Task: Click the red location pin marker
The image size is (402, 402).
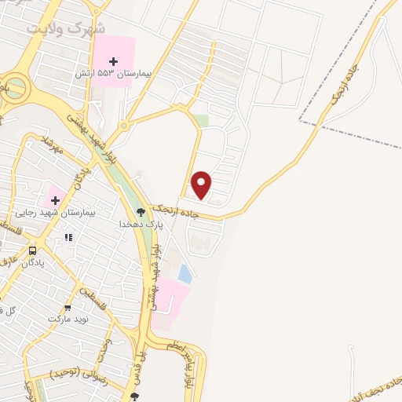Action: coord(202,185)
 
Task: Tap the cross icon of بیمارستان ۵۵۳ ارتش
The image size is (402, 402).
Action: coord(114,60)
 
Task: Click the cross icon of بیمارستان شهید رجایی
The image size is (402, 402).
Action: coord(55,200)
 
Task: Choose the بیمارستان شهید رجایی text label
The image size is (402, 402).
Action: coord(53,213)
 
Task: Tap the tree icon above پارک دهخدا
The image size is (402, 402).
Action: coord(141,212)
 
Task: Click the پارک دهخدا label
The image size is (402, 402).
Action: coord(134,224)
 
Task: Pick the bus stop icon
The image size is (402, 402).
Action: coord(32,251)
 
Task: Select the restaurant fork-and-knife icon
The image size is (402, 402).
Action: coord(69,236)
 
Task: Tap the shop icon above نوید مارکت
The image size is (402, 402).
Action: coord(68,307)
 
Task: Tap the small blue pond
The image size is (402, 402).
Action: coord(185,273)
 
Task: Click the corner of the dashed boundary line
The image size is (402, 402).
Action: coord(300,121)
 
